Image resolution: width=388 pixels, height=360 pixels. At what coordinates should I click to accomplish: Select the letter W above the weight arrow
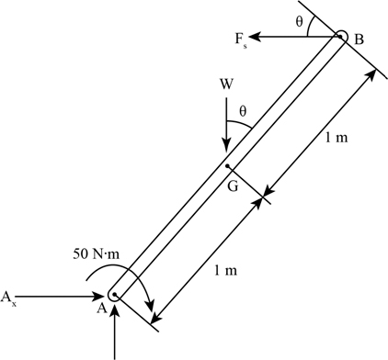coord(226,84)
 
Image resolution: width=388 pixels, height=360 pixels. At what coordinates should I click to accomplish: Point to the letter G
coord(233,186)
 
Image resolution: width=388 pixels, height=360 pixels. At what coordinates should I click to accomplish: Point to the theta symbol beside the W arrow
coord(243,111)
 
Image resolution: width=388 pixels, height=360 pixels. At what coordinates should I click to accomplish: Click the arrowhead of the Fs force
coord(254,36)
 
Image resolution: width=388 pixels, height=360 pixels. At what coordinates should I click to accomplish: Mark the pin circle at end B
coord(340,38)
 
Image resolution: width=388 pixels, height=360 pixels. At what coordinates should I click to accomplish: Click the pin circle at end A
coord(114,296)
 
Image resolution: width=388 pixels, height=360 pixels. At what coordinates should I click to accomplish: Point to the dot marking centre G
coord(227,166)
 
